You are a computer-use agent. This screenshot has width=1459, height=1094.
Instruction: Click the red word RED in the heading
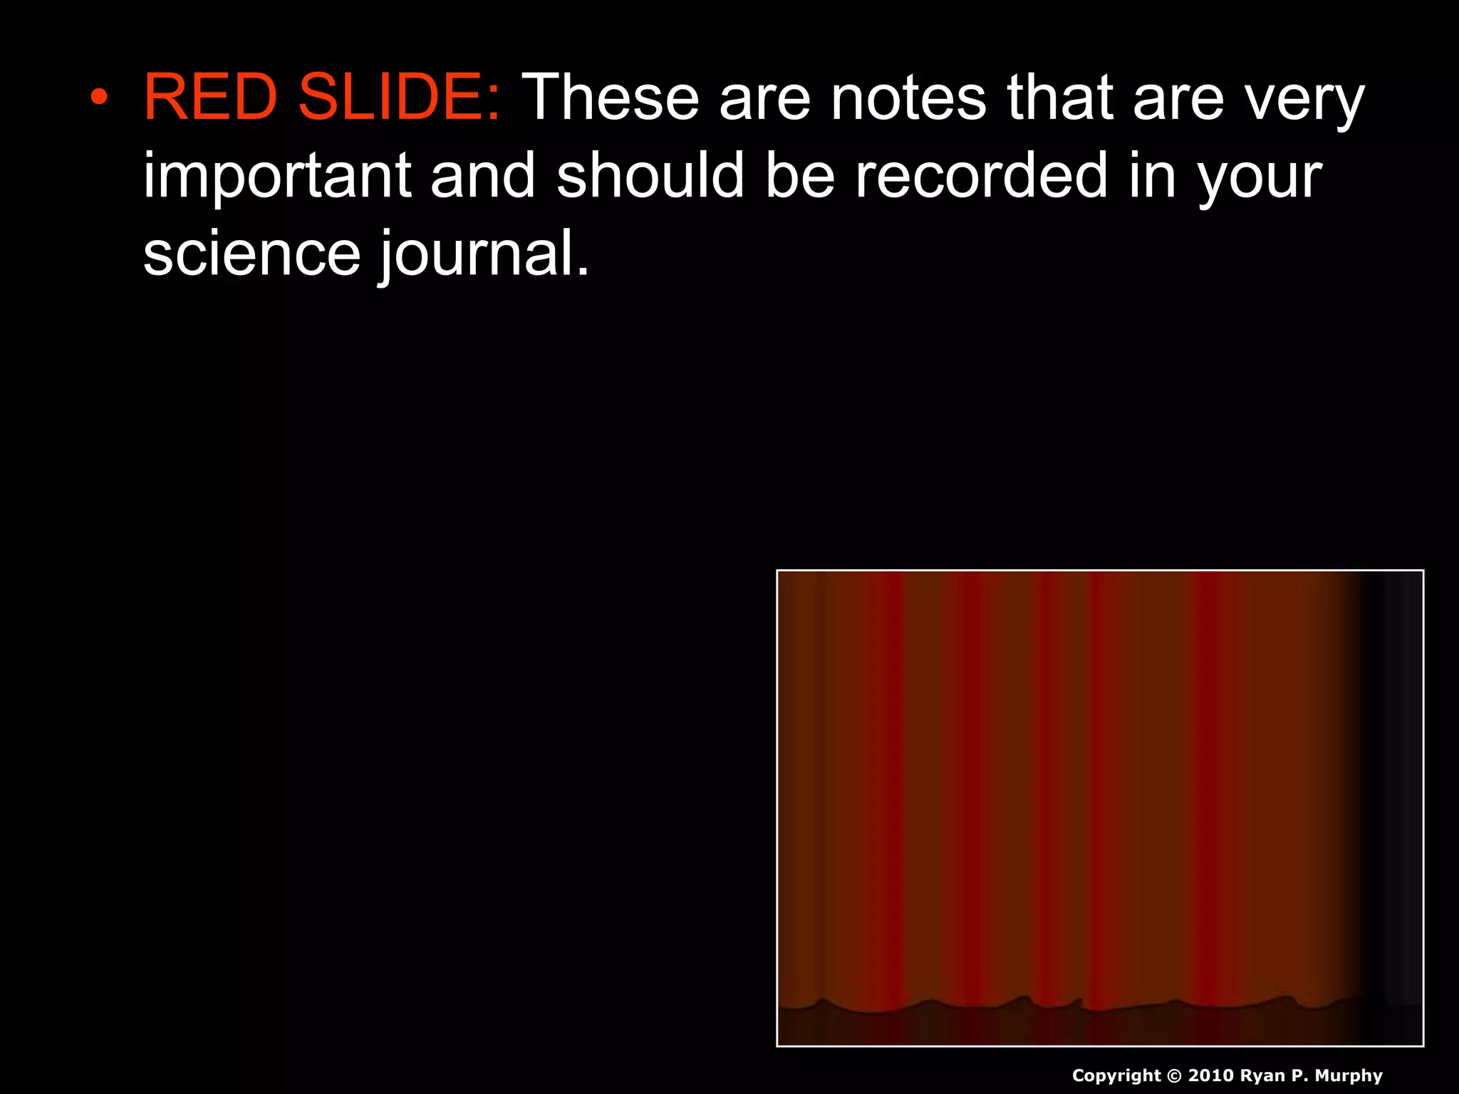(210, 98)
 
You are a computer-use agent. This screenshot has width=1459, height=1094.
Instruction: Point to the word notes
(908, 98)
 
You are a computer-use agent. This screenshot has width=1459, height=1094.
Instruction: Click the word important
(277, 176)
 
